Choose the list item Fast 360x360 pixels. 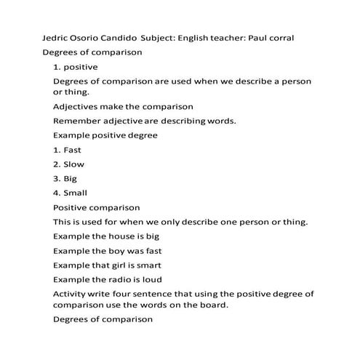point(72,150)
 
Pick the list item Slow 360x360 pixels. point(73,164)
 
